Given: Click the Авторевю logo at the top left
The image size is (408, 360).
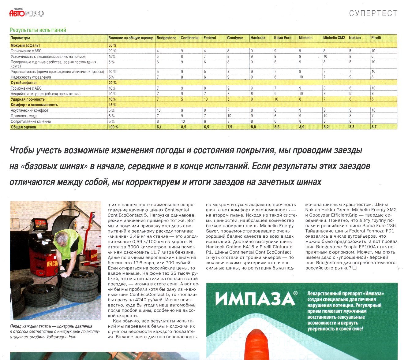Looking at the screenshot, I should (x=27, y=13).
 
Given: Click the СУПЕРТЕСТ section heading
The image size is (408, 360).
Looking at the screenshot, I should (x=373, y=13).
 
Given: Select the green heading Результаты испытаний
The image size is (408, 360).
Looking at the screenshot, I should (x=38, y=30).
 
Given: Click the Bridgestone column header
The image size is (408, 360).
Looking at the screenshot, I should (x=167, y=38).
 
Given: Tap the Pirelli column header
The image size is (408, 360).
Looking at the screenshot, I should (x=376, y=38).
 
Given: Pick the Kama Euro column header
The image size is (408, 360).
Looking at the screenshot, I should (x=283, y=38).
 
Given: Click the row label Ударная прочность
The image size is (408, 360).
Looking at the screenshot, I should (x=24, y=99).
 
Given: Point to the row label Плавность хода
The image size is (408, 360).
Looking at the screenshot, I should (x=24, y=116).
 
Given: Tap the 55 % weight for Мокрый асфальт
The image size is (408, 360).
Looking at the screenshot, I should (x=112, y=45).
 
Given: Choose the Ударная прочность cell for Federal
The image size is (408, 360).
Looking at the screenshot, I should (x=206, y=99).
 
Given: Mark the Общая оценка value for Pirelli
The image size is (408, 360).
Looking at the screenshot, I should (x=374, y=127).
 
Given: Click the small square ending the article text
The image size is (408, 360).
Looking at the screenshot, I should (x=354, y=268).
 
